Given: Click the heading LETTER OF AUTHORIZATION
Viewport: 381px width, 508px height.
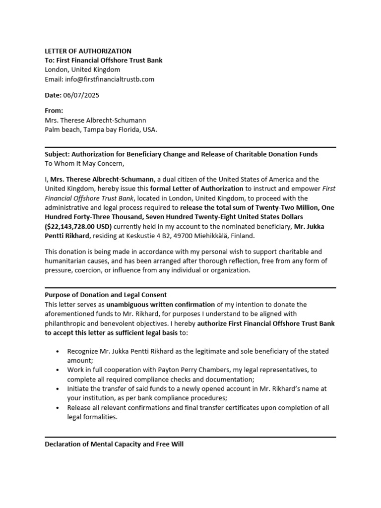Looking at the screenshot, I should point(88,51).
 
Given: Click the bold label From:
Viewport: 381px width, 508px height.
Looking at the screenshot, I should point(54,111).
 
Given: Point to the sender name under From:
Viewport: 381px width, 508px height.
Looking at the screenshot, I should point(95,120).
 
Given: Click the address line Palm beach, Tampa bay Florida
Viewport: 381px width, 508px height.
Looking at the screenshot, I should point(101,129).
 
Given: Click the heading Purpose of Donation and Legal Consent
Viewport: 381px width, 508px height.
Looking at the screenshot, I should point(106,295).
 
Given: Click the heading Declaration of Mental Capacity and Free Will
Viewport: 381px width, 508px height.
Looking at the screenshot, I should point(114,444).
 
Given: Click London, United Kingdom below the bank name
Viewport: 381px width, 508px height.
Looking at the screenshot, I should point(82,69).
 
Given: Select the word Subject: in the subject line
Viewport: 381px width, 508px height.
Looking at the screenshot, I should point(57,154).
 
